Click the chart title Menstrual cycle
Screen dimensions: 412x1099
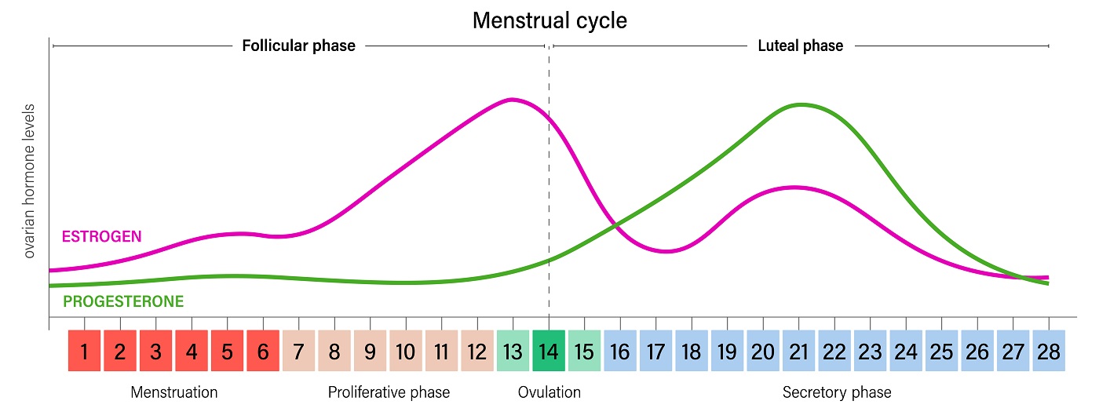[x=549, y=20]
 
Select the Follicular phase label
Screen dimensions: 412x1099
[x=298, y=46]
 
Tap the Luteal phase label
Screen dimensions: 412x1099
[x=800, y=46]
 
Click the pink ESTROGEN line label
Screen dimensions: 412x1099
[x=101, y=236]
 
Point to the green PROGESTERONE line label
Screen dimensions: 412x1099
[x=123, y=301]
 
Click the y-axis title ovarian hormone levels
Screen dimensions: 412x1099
[x=30, y=180]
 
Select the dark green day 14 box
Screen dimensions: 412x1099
[x=549, y=352]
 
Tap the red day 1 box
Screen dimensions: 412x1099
[x=84, y=352]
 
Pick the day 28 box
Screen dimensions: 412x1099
[x=1049, y=352]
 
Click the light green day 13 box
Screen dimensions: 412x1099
[x=513, y=352]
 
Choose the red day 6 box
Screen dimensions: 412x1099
[x=263, y=352]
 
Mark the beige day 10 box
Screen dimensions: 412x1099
[x=406, y=352]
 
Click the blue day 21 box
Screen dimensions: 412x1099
[x=799, y=352]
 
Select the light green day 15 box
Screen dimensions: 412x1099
[x=585, y=352]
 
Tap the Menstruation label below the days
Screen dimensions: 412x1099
[x=173, y=392]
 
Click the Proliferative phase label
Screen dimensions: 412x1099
[x=389, y=392]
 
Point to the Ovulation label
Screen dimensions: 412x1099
[x=549, y=392]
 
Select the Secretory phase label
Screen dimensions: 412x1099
[x=837, y=392]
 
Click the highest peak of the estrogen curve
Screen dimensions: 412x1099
[x=512, y=99]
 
